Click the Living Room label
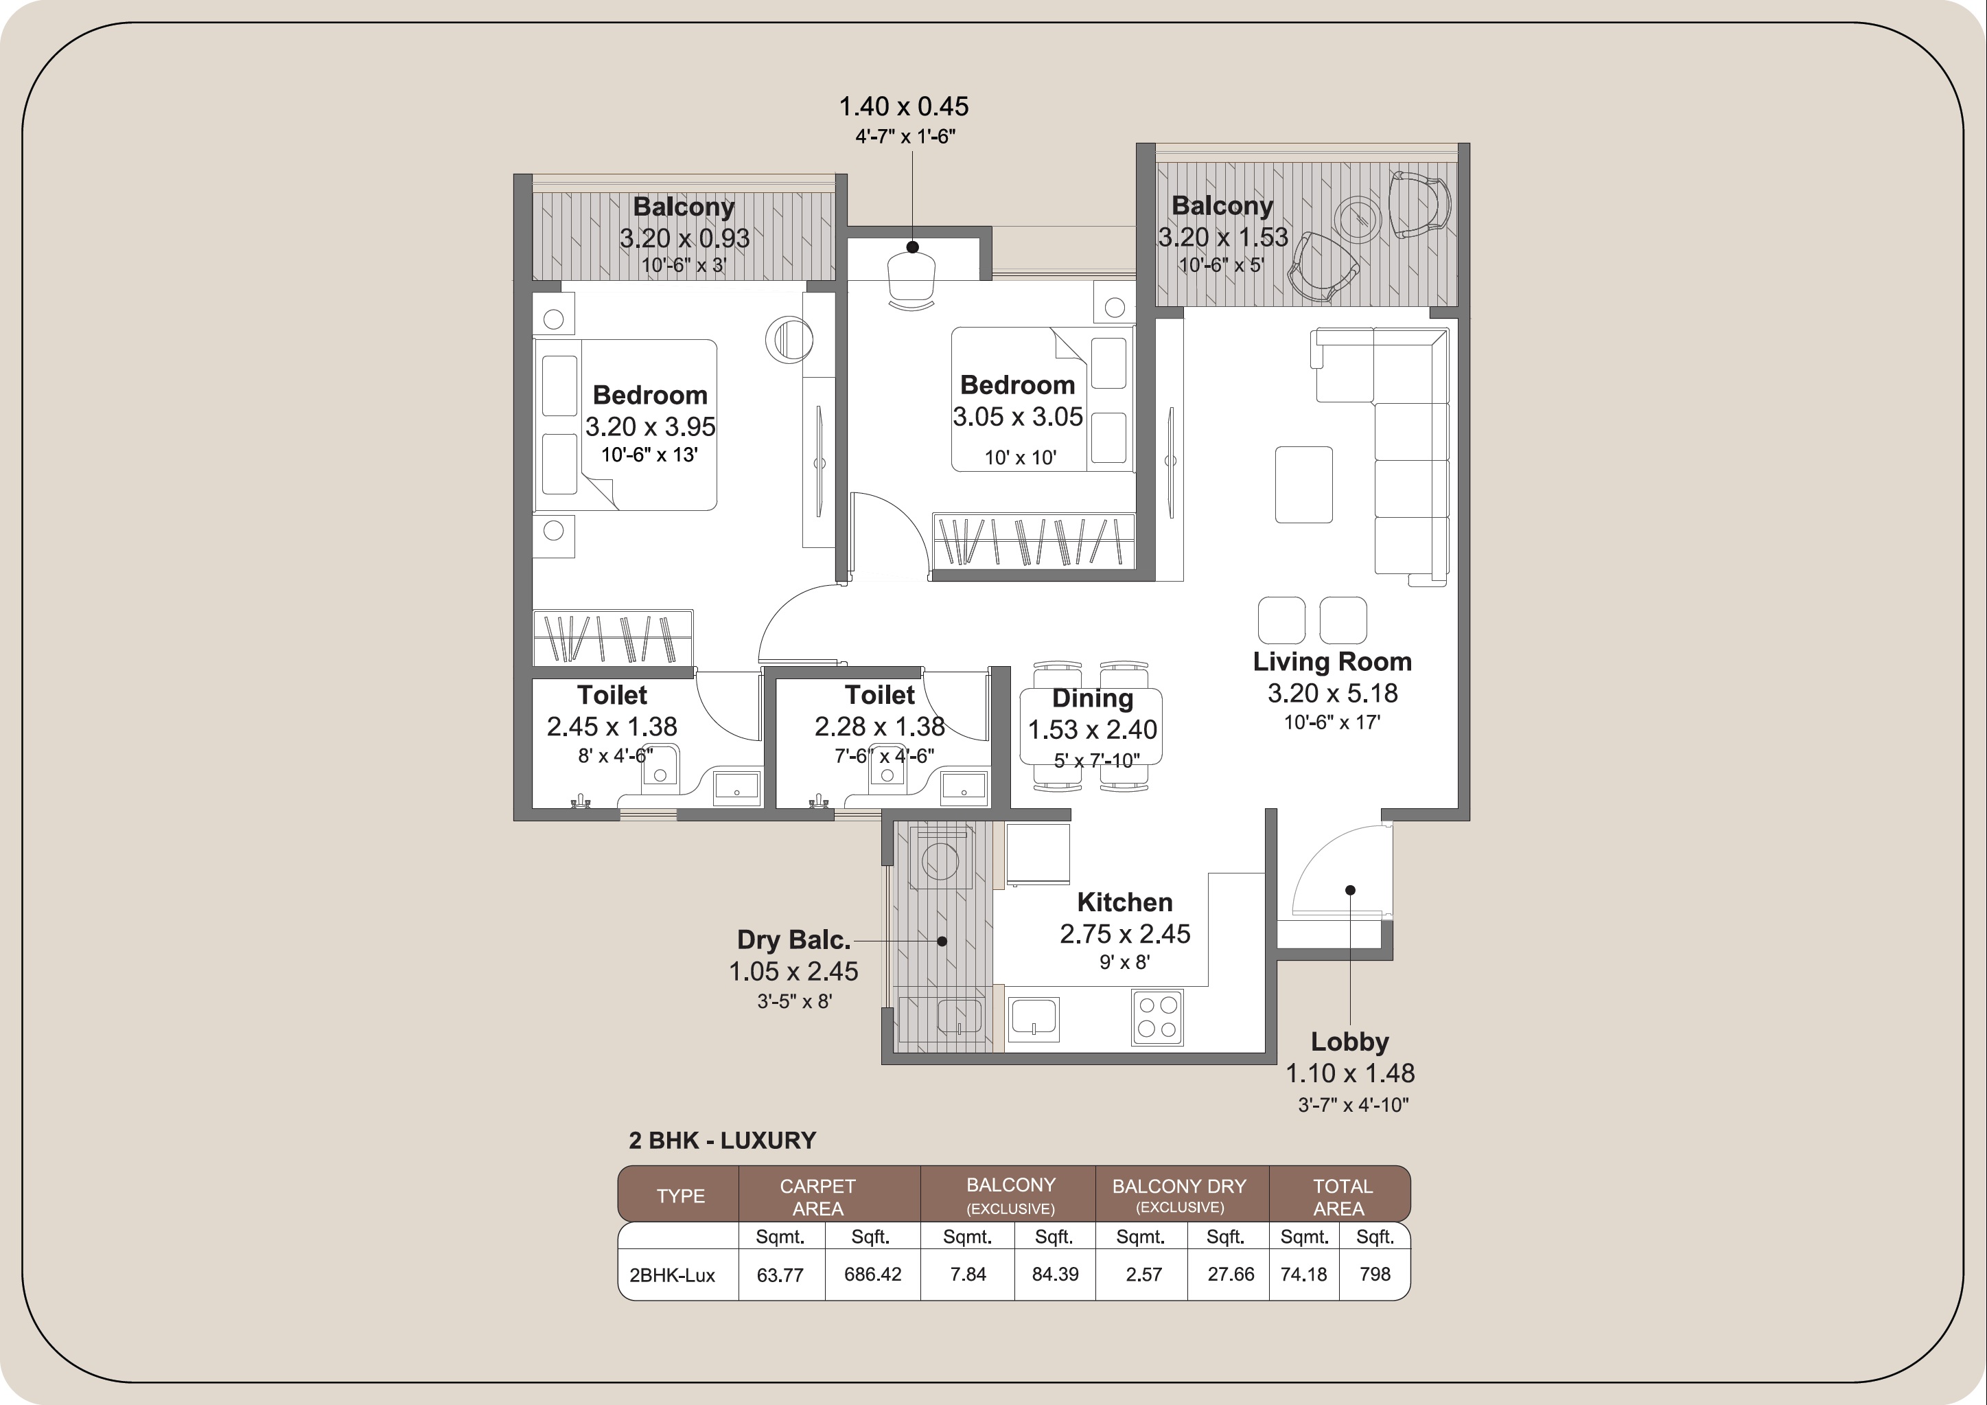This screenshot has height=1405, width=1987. click(x=1332, y=661)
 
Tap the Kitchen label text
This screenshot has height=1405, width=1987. click(x=1124, y=902)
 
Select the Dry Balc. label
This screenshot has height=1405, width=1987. click(x=793, y=939)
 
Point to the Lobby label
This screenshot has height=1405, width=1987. click(x=1349, y=1042)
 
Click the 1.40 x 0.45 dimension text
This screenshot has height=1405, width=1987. click(x=903, y=106)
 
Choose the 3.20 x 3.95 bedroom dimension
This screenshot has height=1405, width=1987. click(x=650, y=426)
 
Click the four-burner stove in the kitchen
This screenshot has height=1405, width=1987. click(x=1157, y=1017)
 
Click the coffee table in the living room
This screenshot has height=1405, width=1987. click(x=1303, y=485)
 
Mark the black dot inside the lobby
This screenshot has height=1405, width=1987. click(x=1349, y=890)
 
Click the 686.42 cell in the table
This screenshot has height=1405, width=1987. click(x=872, y=1275)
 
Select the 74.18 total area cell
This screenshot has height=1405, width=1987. click(x=1303, y=1275)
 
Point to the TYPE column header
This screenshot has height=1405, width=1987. click(x=680, y=1196)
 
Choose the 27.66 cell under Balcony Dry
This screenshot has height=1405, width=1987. click(x=1230, y=1275)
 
